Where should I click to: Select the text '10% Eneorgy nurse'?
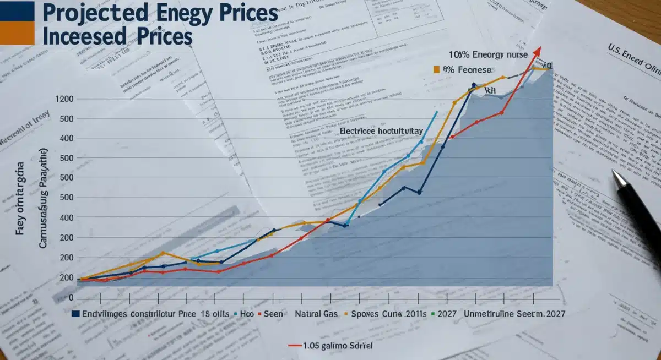click(x=488, y=54)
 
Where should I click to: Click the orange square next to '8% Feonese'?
click(x=436, y=69)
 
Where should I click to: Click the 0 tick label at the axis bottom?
click(x=71, y=298)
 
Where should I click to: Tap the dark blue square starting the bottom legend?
click(x=75, y=314)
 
